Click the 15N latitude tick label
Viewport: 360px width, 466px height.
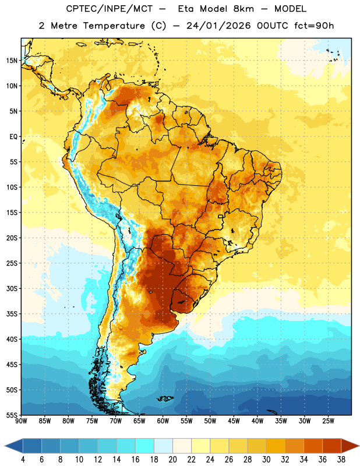click(x=12, y=61)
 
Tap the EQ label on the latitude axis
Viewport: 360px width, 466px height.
click(x=13, y=137)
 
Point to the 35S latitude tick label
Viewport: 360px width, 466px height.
click(x=12, y=314)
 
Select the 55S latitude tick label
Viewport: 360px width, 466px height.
click(x=12, y=415)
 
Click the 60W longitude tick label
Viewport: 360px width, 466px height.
click(x=163, y=421)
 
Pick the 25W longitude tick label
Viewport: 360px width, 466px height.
click(x=328, y=421)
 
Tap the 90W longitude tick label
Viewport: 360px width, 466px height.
click(x=21, y=421)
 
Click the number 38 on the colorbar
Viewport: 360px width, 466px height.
click(x=341, y=460)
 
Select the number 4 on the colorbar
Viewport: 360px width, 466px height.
click(x=23, y=460)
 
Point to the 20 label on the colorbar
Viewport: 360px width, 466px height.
click(x=172, y=460)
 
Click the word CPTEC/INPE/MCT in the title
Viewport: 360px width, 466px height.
click(x=109, y=9)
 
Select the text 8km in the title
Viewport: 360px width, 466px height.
click(x=243, y=9)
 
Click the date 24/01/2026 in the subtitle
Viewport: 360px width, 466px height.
click(x=218, y=26)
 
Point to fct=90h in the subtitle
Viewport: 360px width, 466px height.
click(x=314, y=26)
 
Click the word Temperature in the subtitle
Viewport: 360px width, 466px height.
click(x=114, y=26)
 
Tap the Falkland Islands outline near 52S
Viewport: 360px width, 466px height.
click(x=165, y=398)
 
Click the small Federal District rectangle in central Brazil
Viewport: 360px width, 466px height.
click(x=221, y=216)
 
